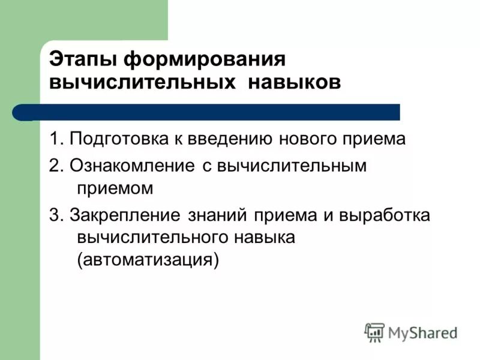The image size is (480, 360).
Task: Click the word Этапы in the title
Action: tap(82, 60)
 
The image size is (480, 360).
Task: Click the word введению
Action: tap(226, 139)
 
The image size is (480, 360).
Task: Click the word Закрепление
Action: tap(126, 215)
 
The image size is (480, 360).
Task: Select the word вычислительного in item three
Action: tap(151, 237)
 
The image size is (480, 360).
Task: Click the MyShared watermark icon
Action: tap(374, 332)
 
